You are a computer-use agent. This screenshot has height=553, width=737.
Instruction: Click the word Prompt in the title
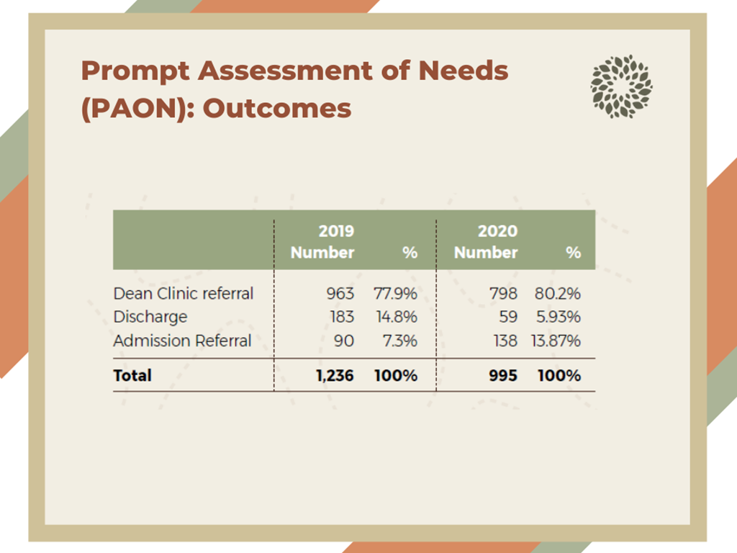(x=136, y=71)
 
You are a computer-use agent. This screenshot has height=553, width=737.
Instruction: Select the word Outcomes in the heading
(x=277, y=109)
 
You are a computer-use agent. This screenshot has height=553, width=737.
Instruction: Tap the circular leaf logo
(x=621, y=86)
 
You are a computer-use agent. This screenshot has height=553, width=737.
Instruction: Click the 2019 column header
(x=336, y=231)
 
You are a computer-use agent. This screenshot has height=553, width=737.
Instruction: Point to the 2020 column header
(x=497, y=231)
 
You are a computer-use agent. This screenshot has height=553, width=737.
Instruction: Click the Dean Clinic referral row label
(x=184, y=294)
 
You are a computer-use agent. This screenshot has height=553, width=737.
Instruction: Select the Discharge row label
(x=150, y=317)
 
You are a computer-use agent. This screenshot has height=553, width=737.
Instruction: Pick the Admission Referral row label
(x=182, y=341)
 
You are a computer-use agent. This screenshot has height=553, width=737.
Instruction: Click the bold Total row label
(x=132, y=375)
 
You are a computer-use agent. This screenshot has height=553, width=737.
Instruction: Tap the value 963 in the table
(x=340, y=294)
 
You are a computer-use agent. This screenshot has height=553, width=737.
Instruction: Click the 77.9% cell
(x=395, y=294)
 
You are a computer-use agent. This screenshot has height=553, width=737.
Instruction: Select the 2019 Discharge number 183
(x=342, y=317)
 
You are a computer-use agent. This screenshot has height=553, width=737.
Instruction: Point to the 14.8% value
(x=397, y=317)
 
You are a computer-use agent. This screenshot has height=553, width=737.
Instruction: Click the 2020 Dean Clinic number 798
(x=503, y=294)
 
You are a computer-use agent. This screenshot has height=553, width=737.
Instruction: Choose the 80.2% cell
(x=558, y=294)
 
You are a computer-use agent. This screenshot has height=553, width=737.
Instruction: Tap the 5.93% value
(x=559, y=317)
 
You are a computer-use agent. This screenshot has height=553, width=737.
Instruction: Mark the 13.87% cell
(x=556, y=341)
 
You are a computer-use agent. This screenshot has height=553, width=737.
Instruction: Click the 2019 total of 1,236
(x=335, y=375)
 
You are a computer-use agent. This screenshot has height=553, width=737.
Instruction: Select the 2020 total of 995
(x=503, y=375)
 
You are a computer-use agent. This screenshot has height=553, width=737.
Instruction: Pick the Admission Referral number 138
(x=505, y=341)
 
